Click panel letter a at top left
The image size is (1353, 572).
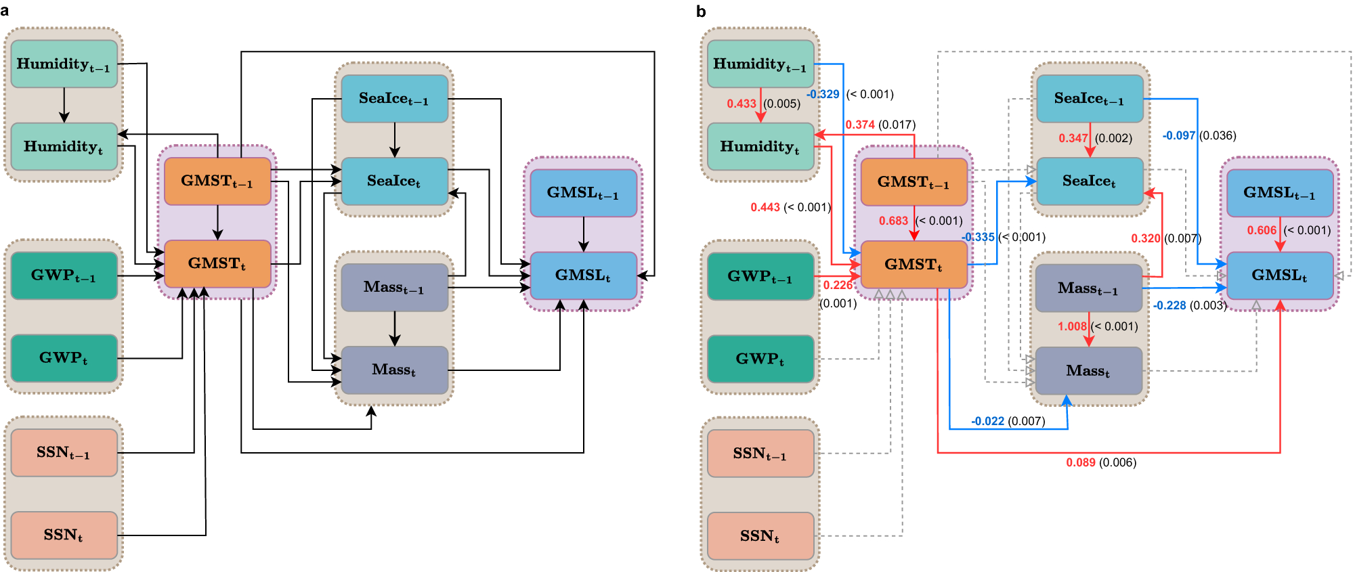(x=5, y=12)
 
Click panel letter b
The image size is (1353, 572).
(x=701, y=12)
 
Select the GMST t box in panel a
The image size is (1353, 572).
(x=217, y=263)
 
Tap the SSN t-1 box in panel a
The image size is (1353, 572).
(x=64, y=452)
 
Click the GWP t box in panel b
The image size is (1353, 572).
(x=760, y=359)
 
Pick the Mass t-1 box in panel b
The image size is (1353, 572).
(x=1088, y=288)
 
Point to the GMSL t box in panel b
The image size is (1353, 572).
(x=1280, y=276)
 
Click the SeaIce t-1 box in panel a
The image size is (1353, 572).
(x=394, y=99)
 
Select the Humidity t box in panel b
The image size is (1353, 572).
(x=760, y=146)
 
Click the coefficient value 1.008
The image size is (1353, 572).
(x=1071, y=326)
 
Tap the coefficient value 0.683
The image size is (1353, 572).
(x=893, y=221)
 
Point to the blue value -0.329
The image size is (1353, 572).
(x=823, y=94)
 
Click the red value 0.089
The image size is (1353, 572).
(x=1080, y=462)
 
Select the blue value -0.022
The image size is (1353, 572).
(x=987, y=421)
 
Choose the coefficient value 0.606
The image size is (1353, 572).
(x=1262, y=230)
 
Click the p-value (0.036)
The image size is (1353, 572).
(x=1218, y=135)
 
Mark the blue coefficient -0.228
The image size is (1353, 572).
(x=1169, y=305)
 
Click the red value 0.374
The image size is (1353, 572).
(x=860, y=125)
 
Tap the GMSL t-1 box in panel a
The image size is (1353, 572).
(x=583, y=193)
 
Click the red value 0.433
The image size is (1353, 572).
(x=742, y=104)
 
